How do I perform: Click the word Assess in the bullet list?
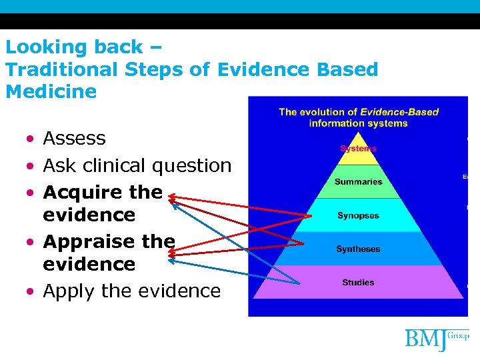(x=74, y=139)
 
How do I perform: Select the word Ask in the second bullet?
(x=59, y=165)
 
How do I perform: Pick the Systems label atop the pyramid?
(x=358, y=148)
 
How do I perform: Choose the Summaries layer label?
(x=358, y=181)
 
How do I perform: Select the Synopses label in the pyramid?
(x=358, y=216)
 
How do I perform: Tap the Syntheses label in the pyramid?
(x=358, y=249)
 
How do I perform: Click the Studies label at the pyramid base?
(x=358, y=283)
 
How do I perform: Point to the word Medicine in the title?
(x=51, y=91)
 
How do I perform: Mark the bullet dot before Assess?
(x=31, y=139)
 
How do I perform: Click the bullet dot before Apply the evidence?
(x=31, y=292)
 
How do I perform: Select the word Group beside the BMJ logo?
(x=460, y=335)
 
